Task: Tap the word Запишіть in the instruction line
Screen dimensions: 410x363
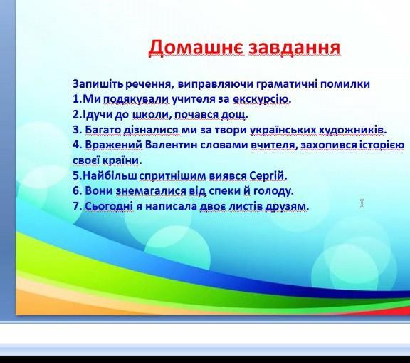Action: pyautogui.click(x=98, y=84)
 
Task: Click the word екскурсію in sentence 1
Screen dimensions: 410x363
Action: pyautogui.click(x=261, y=99)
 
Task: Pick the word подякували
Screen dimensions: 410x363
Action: pyautogui.click(x=137, y=99)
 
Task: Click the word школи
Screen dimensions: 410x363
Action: pyautogui.click(x=150, y=114)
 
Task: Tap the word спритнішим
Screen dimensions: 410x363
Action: pyautogui.click(x=172, y=175)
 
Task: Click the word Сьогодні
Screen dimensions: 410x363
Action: pyautogui.click(x=109, y=206)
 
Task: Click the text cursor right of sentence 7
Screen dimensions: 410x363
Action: pyautogui.click(x=362, y=203)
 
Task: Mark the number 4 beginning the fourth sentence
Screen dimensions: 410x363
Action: pyautogui.click(x=76, y=145)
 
